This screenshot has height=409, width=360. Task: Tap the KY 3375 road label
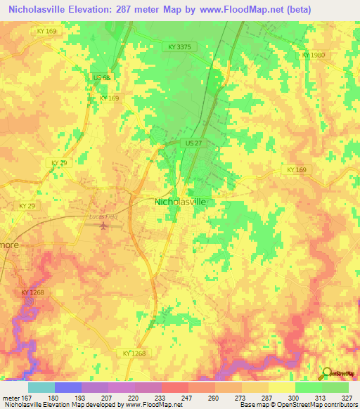click(x=180, y=46)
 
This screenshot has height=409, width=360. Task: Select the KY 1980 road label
click(x=314, y=54)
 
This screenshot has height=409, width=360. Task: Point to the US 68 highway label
click(x=101, y=77)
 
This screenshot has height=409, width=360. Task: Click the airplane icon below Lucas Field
click(x=104, y=226)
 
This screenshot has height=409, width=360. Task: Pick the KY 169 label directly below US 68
click(x=109, y=98)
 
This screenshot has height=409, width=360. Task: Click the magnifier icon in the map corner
click(x=326, y=373)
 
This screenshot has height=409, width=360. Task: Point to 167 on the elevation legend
click(x=27, y=398)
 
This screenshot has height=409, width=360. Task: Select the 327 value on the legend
click(x=347, y=398)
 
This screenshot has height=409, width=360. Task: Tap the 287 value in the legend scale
click(x=267, y=398)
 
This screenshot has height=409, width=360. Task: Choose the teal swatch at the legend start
click(x=41, y=387)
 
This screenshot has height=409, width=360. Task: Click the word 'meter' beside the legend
click(x=10, y=398)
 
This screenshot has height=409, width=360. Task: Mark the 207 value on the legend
click(x=108, y=398)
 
